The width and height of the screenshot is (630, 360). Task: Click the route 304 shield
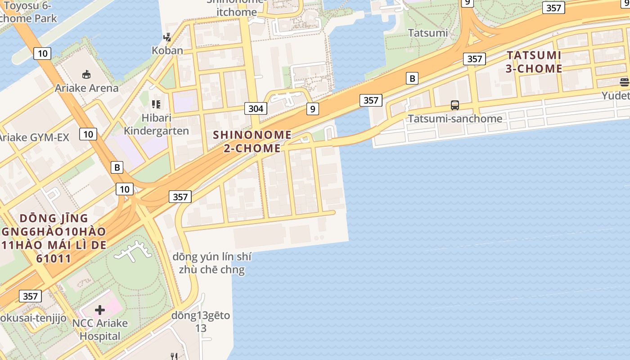[x=256, y=108]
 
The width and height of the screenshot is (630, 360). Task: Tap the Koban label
[x=167, y=50]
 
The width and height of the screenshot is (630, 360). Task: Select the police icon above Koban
[x=167, y=37]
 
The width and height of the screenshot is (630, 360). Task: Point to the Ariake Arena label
[x=86, y=88]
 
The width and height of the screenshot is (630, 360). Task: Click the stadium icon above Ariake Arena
[x=86, y=74]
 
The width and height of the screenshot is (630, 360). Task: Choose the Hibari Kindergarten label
[x=156, y=124]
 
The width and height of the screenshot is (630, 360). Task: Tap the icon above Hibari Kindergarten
[x=156, y=105]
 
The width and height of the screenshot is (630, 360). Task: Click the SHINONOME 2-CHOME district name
[x=252, y=141]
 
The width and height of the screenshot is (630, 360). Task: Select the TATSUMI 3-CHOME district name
[x=534, y=62]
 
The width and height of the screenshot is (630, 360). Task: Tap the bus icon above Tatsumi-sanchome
[x=455, y=106]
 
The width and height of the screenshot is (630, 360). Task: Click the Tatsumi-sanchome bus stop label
[x=455, y=119]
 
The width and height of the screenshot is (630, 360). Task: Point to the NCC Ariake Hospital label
[x=100, y=329]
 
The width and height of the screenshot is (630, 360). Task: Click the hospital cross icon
[x=100, y=310]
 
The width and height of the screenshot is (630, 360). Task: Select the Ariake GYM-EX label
[x=34, y=137]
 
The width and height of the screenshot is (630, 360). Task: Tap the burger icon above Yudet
[x=624, y=82]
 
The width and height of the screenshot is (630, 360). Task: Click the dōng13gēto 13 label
[x=201, y=322]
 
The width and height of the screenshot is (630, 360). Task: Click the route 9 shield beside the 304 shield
[x=312, y=108]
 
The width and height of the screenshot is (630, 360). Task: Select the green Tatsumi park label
[x=427, y=33]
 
